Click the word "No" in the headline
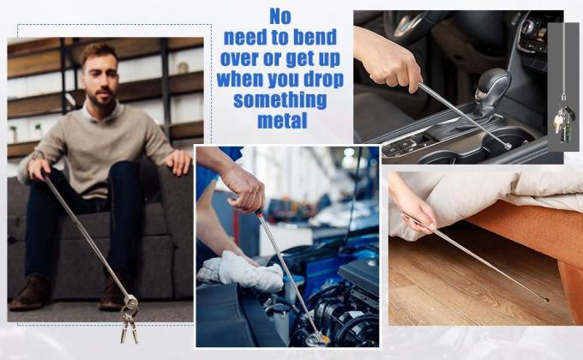[x=280, y=16]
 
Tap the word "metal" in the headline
[x=283, y=121]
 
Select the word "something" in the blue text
[x=280, y=100]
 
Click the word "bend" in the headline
[x=315, y=37]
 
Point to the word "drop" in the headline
[x=323, y=80]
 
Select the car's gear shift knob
[x=492, y=90]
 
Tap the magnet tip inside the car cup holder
[x=508, y=147]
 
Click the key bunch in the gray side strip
[x=563, y=118]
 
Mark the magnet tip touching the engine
[x=319, y=338]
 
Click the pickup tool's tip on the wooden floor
[x=545, y=299]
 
